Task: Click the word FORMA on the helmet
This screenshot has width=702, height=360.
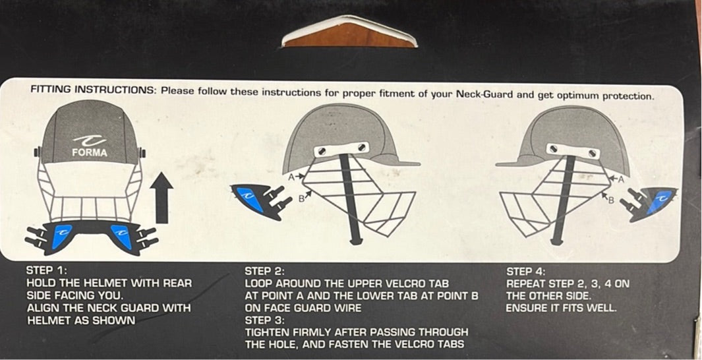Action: click(x=90, y=153)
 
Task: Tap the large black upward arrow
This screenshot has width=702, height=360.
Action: click(x=161, y=197)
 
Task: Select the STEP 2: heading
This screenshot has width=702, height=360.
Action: click(x=264, y=272)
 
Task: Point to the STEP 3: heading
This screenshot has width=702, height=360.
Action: click(x=264, y=320)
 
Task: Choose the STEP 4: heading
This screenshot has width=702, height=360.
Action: click(x=526, y=272)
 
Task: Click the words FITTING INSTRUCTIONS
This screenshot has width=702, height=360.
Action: click(x=93, y=89)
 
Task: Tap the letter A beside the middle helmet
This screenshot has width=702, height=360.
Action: click(x=291, y=177)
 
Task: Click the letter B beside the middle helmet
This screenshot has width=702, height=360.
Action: click(x=301, y=197)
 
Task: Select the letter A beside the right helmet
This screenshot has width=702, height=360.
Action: click(x=620, y=180)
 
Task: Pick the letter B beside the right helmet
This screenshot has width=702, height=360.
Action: click(x=611, y=200)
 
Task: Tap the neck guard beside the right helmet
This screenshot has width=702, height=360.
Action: click(x=649, y=204)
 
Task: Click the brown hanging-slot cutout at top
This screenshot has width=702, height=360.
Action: click(x=349, y=35)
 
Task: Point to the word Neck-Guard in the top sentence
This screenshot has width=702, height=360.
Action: click(x=481, y=94)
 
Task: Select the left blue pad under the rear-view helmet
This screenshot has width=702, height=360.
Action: click(x=62, y=235)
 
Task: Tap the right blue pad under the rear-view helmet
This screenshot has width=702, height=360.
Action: click(x=121, y=236)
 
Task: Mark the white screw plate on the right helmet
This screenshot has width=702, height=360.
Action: click(x=573, y=152)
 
